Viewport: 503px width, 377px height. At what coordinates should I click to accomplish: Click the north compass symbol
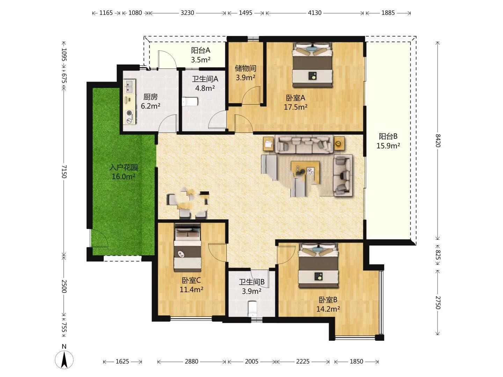coord(64,359)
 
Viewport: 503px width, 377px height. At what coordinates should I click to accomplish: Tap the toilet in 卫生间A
coord(190,102)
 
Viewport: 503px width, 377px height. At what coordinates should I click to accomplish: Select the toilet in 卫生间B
coord(253,309)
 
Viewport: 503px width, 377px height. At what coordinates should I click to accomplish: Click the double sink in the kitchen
coord(130,86)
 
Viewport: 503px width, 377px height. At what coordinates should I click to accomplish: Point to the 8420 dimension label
coord(438,141)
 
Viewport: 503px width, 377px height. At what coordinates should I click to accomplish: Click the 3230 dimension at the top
coord(187,13)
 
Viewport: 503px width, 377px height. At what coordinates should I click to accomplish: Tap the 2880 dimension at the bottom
coord(191,361)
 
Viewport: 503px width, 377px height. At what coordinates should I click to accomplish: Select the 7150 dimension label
coord(64,171)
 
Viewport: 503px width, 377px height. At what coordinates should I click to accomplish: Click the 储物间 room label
coord(246,68)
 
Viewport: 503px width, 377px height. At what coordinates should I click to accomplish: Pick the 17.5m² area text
coord(296,107)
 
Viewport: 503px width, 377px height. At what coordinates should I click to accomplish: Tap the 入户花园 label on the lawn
coord(124,167)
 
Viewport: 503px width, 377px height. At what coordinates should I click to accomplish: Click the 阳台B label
coord(388,136)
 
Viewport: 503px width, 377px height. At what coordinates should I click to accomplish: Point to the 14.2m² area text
coord(328,309)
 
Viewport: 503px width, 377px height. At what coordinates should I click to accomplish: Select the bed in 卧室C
coord(188,247)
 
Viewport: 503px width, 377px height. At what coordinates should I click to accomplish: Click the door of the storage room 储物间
coord(251,96)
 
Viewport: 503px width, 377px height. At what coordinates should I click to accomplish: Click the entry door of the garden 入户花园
coord(99,238)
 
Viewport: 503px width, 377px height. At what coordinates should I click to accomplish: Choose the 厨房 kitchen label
coord(151,97)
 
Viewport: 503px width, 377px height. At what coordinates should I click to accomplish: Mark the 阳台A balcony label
coord(201,50)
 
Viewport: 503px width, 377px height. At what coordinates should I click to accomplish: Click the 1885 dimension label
coord(388,13)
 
